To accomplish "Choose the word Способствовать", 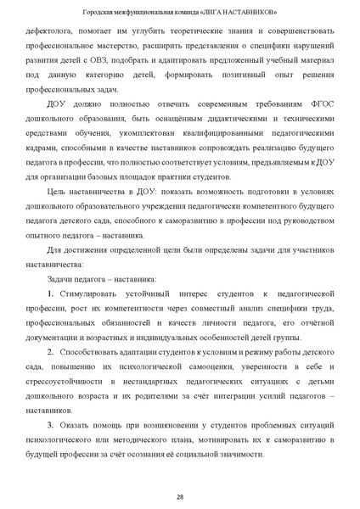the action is pos(94,375).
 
